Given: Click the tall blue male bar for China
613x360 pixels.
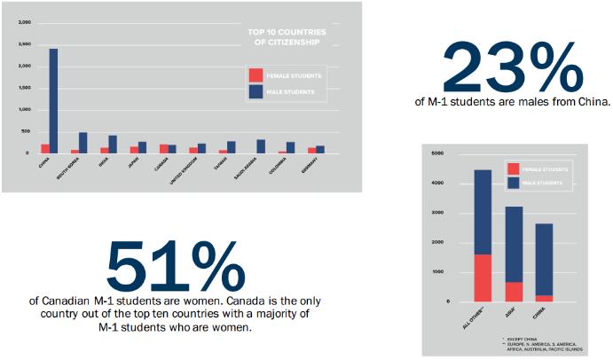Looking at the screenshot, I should (53, 100).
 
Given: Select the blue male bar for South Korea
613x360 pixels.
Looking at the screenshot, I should (83, 143).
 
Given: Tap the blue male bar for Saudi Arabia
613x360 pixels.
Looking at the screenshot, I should (261, 146).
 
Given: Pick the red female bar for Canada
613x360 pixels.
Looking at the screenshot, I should (163, 149).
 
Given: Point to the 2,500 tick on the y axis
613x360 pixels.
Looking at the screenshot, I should (24, 43).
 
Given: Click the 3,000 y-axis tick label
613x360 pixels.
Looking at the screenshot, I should (24, 22).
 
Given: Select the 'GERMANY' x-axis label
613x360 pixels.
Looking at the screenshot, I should (312, 166).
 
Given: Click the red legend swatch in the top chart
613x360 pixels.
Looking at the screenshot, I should (256, 75).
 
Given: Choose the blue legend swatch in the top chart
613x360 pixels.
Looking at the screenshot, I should (256, 90).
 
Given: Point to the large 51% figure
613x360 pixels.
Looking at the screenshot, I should (176, 260).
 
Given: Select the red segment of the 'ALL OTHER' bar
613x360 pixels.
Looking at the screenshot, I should (483, 278).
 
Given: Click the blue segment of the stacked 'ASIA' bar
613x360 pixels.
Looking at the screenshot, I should (514, 244).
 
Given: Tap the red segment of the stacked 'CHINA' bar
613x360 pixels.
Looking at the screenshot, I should (545, 298).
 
